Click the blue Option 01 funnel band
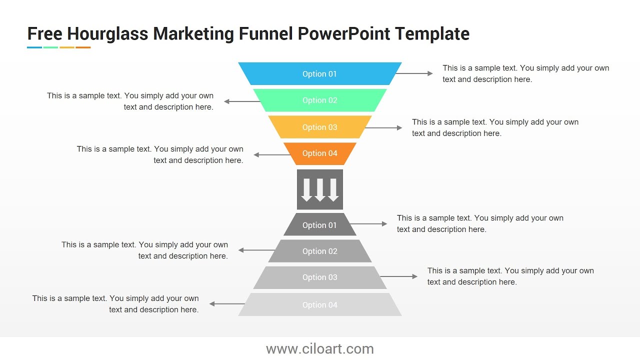pyautogui.click(x=320, y=73)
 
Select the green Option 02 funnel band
pyautogui.click(x=320, y=100)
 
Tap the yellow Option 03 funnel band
pyautogui.click(x=320, y=127)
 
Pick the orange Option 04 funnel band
pyautogui.click(x=320, y=153)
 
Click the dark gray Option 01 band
pyautogui.click(x=320, y=225)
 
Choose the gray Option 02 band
pyautogui.click(x=320, y=251)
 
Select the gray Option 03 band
pyautogui.click(x=320, y=277)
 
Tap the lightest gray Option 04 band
pyautogui.click(x=320, y=304)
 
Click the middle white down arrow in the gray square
pyautogui.click(x=320, y=190)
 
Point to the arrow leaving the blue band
pyautogui.click(x=414, y=73)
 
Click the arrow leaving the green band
pyautogui.click(x=242, y=101)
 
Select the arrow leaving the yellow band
pyautogui.click(x=383, y=128)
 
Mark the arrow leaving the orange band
pyautogui.click(x=272, y=155)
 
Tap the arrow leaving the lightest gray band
pyautogui.click(x=227, y=303)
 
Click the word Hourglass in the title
pyautogui.click(x=107, y=34)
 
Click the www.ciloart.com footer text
pyautogui.click(x=320, y=348)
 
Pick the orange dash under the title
pyautogui.click(x=83, y=47)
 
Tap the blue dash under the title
pyautogui.click(x=34, y=47)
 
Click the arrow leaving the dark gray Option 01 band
pyautogui.click(x=368, y=224)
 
